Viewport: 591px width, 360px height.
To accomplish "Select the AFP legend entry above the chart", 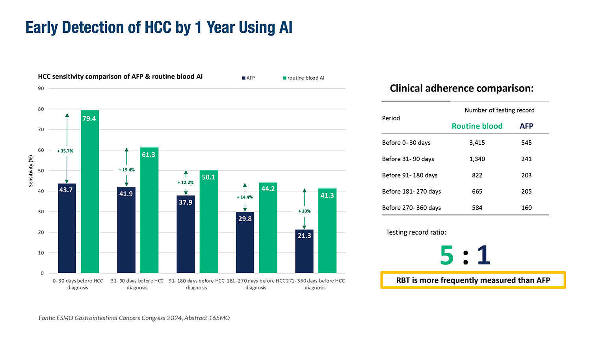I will (249, 78).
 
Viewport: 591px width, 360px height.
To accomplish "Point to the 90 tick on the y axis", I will (41, 88).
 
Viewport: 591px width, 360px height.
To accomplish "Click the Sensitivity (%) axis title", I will (31, 171).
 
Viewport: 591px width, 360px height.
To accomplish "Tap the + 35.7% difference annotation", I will (65, 151).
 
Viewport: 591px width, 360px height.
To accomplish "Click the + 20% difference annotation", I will (305, 211).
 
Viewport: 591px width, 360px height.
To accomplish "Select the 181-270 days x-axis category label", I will (256, 284).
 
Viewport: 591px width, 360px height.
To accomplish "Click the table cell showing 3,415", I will (477, 143).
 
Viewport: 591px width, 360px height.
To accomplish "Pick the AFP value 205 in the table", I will (526, 192).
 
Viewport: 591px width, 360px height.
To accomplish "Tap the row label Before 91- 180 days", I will (410, 175).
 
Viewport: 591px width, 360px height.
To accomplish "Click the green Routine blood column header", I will (477, 126).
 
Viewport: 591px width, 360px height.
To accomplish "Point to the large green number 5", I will (447, 256).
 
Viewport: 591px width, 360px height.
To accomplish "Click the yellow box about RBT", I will (473, 280).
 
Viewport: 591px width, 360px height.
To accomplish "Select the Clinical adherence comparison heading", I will (462, 88).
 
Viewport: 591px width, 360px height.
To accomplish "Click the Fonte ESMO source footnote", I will (134, 318).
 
